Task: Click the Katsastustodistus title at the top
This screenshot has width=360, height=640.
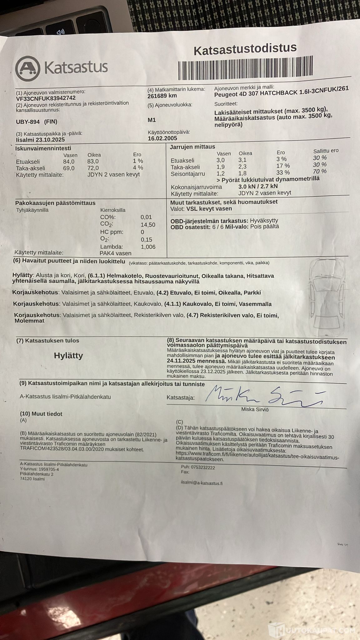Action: (245, 49)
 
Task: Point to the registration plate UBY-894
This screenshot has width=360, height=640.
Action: (28, 122)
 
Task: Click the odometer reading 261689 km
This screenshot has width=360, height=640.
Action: (162, 96)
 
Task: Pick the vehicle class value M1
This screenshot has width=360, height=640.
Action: (152, 120)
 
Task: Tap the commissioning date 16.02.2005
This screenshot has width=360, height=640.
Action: (162, 138)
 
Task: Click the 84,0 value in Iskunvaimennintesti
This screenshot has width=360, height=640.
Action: (69, 162)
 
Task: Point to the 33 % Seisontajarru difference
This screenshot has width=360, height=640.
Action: (283, 172)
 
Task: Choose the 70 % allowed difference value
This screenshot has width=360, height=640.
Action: (320, 171)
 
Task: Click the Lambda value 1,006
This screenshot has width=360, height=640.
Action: (148, 247)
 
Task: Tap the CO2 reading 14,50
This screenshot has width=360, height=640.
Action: (148, 225)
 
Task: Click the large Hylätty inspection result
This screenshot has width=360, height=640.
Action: (68, 356)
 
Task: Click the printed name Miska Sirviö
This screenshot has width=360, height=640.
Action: (255, 409)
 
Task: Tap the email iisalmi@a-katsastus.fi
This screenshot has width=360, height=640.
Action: (202, 483)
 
